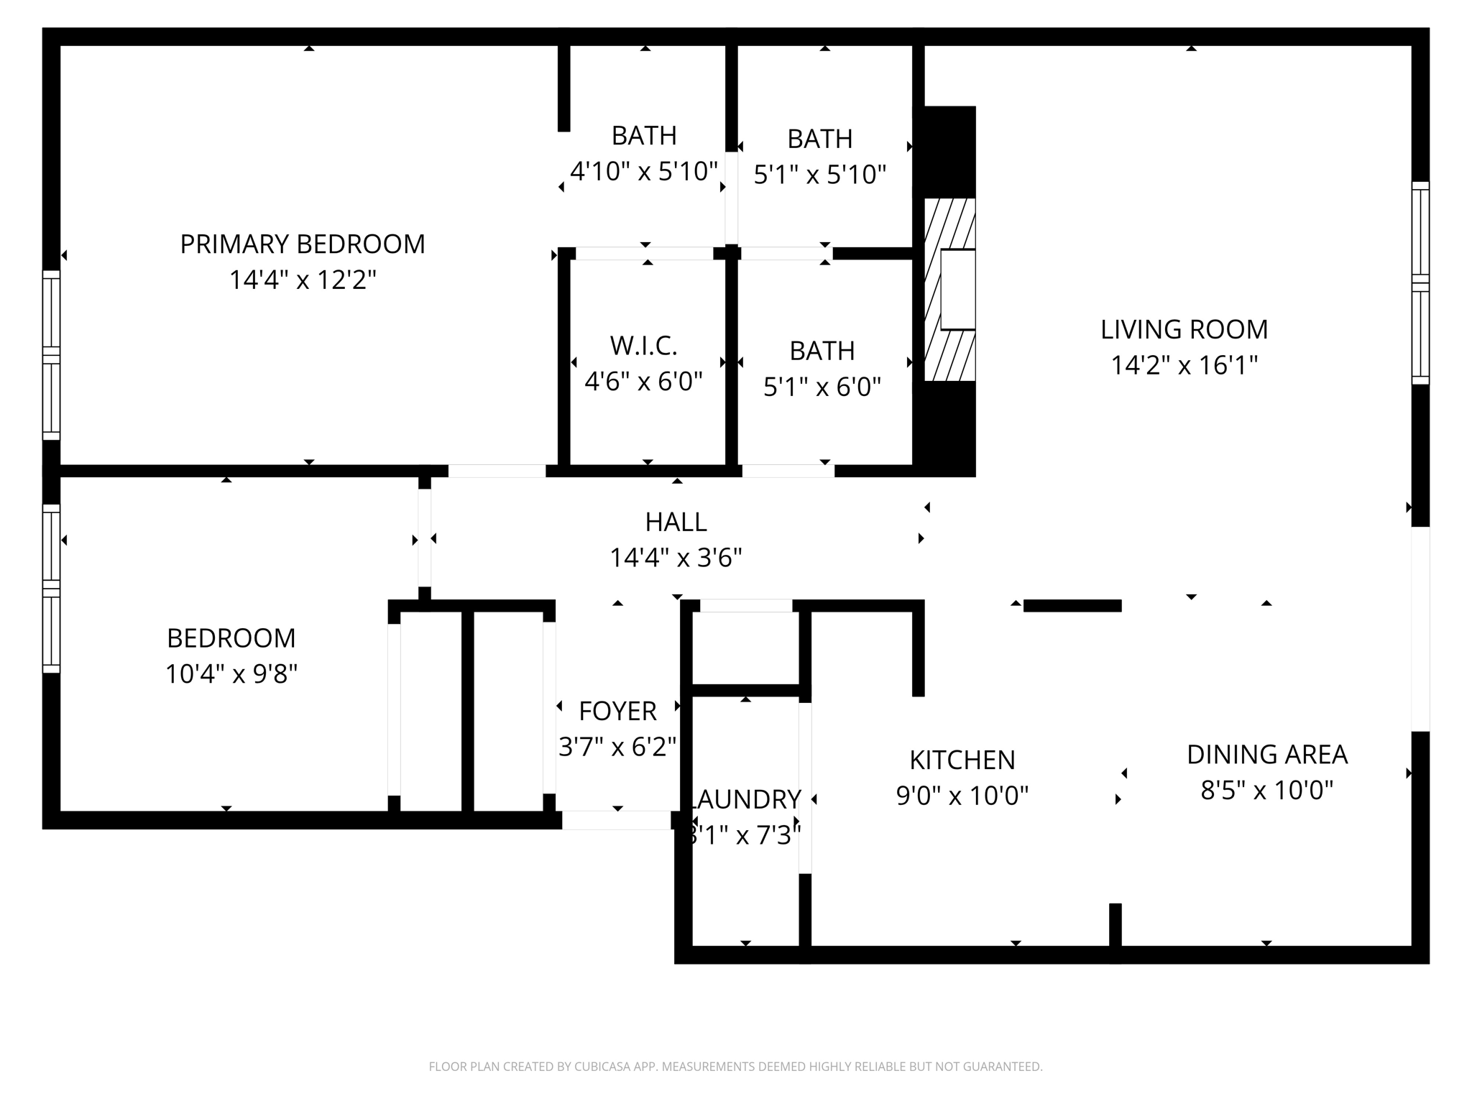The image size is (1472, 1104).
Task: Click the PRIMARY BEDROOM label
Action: (x=302, y=244)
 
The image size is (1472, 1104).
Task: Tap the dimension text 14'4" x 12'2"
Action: (x=302, y=280)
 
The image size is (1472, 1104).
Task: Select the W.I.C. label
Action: (x=643, y=346)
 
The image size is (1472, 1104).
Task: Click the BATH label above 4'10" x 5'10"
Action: (x=644, y=135)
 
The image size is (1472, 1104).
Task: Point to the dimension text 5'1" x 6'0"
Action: (x=822, y=387)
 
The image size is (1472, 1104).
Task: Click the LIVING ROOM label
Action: (x=1184, y=329)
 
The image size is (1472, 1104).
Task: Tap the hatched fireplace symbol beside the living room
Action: (x=949, y=290)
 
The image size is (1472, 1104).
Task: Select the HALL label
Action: (x=676, y=522)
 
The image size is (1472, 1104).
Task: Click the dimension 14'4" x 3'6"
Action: (x=676, y=557)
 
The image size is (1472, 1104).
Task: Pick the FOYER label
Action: (x=617, y=711)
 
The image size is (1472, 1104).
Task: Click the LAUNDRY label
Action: (x=745, y=799)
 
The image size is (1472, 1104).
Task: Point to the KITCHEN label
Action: (x=962, y=760)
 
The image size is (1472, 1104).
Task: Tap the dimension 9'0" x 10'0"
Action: (x=962, y=796)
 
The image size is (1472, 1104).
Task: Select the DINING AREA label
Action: (x=1266, y=755)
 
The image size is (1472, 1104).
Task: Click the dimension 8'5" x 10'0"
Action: (x=1266, y=791)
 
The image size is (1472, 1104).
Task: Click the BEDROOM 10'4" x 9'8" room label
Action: (x=231, y=638)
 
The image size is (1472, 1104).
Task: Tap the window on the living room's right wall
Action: (x=1420, y=283)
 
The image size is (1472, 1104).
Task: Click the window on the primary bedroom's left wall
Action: (x=51, y=355)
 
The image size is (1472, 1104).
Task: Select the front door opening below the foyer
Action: (x=616, y=820)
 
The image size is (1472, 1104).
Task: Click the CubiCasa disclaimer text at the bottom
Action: (x=735, y=1067)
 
